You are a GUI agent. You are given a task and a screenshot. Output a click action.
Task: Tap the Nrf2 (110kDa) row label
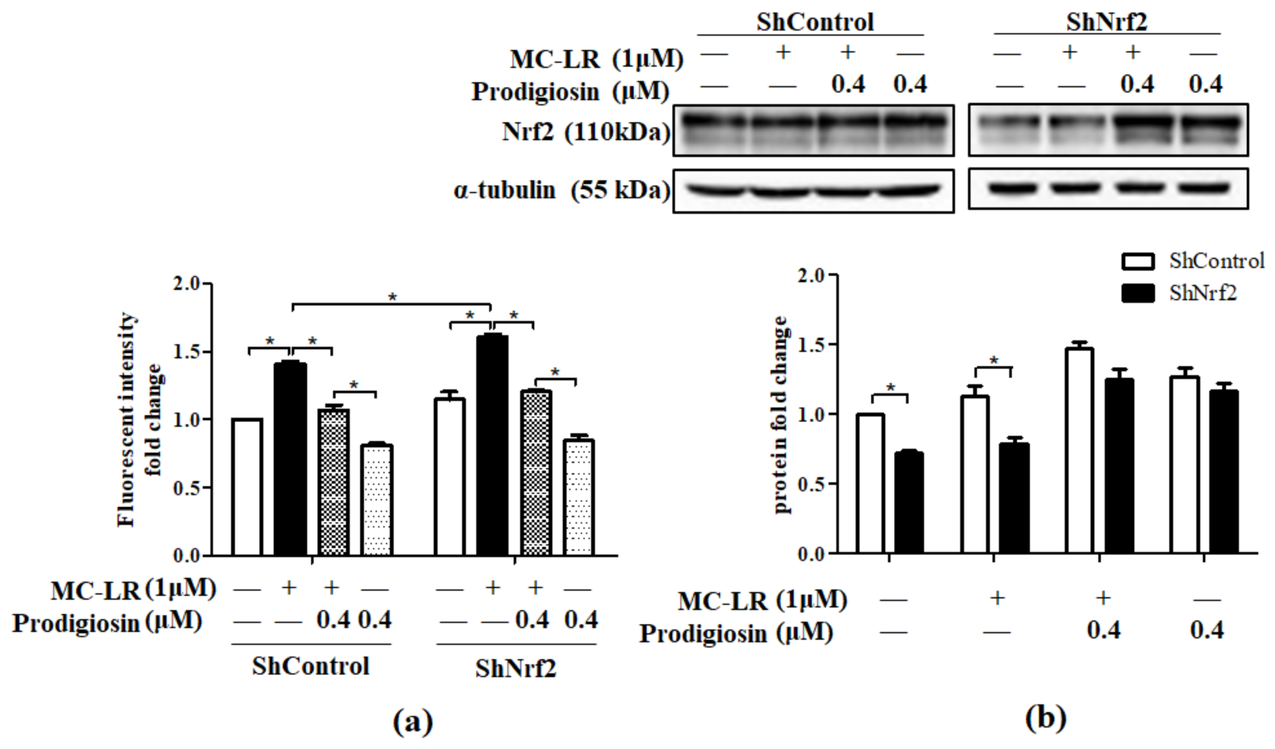pyautogui.click(x=586, y=132)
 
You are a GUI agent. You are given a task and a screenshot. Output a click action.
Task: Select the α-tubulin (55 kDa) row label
pyautogui.click(x=562, y=191)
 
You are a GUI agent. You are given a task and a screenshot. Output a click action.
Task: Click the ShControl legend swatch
pyautogui.click(x=1138, y=261)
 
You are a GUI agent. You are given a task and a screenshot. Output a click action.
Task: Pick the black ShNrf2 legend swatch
pyautogui.click(x=1138, y=293)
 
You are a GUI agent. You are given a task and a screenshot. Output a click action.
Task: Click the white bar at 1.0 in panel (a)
pyautogui.click(x=247, y=487)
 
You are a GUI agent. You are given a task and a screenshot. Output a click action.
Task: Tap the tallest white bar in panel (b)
pyautogui.click(x=1079, y=450)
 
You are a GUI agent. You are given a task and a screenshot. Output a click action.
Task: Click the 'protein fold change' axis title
pyautogui.click(x=782, y=415)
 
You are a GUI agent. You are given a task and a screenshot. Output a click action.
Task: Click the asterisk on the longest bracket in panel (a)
pyautogui.click(x=393, y=297)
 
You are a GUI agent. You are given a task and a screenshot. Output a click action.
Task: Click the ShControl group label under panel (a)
pyautogui.click(x=311, y=666)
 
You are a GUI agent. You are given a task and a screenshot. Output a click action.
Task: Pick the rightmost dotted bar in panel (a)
pyautogui.click(x=579, y=498)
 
